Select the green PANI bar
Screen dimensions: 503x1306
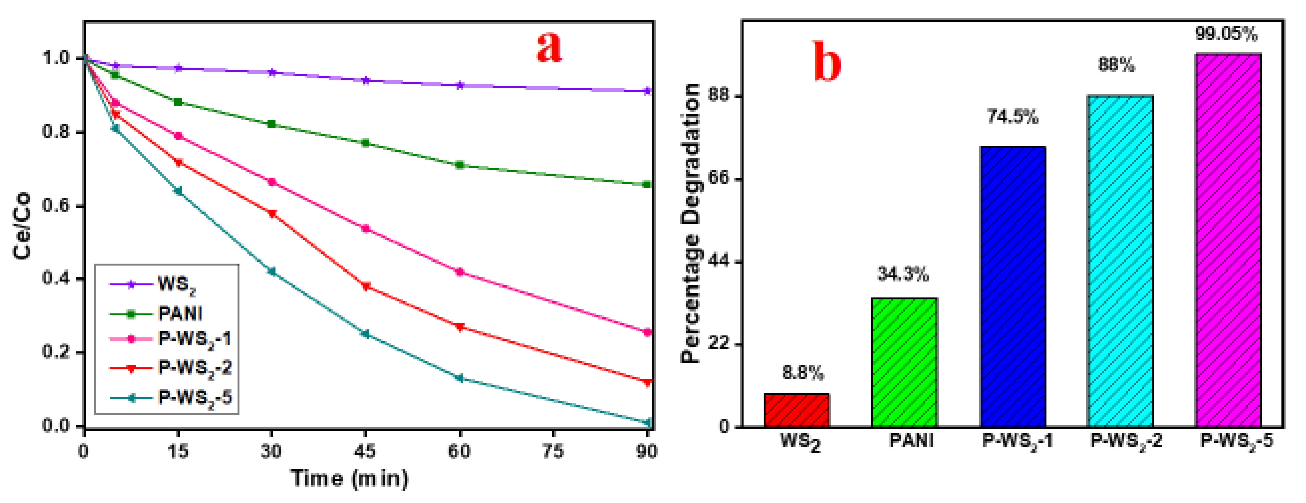pos(904,362)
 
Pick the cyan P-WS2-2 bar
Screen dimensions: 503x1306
pos(1120,261)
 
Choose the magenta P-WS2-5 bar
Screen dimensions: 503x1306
pos(1228,240)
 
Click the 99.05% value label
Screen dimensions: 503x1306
pos(1226,34)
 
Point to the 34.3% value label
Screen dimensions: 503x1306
pos(903,274)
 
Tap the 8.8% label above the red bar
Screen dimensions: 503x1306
pos(803,373)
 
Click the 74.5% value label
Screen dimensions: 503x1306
pos(1012,117)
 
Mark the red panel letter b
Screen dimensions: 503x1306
pos(827,62)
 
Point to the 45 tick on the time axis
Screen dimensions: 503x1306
pos(365,451)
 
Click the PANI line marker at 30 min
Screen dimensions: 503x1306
pos(271,124)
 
